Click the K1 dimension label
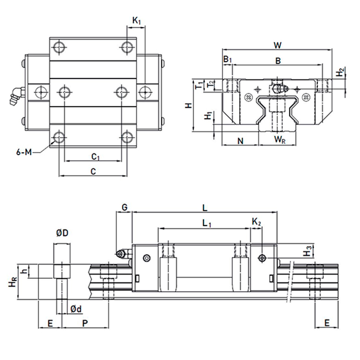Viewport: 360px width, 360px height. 136,21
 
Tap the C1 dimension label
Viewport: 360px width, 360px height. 95,156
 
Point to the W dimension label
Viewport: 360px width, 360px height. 278,45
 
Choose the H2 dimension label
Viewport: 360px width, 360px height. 340,74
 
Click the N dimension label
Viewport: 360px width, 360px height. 240,140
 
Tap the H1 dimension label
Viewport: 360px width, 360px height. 207,116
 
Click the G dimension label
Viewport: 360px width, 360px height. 124,207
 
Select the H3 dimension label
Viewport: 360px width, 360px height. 308,252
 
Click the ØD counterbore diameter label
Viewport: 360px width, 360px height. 62,233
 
